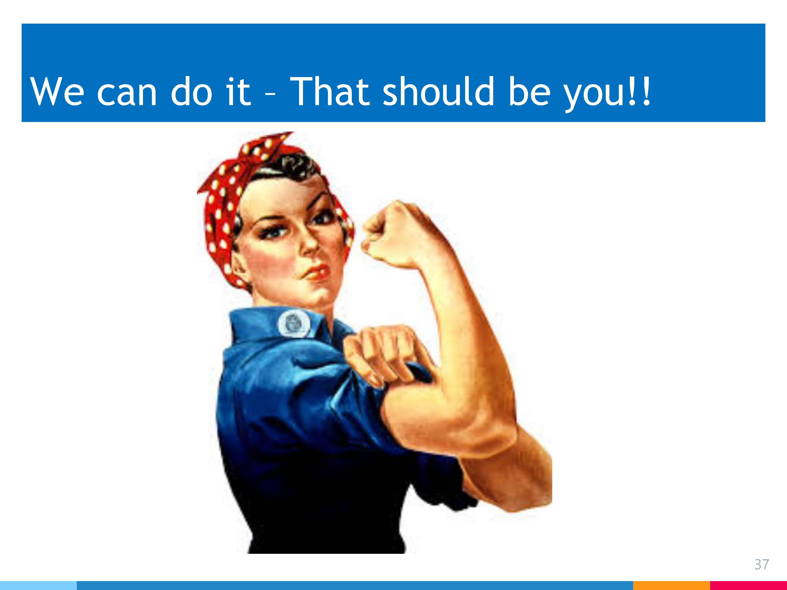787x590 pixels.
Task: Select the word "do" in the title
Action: tap(192, 91)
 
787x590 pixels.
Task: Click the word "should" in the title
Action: tap(439, 91)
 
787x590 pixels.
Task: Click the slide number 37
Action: tap(761, 564)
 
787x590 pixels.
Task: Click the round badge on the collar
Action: tap(294, 323)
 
